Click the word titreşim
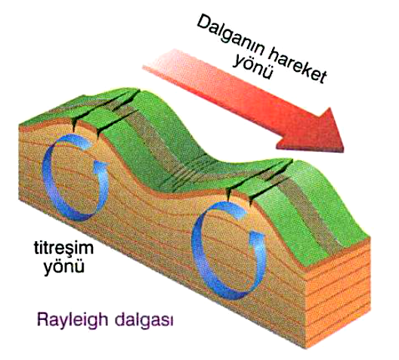click(63, 247)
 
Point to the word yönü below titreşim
click(64, 266)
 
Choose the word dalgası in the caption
click(144, 320)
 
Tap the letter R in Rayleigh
click(43, 319)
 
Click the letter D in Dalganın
click(203, 23)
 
